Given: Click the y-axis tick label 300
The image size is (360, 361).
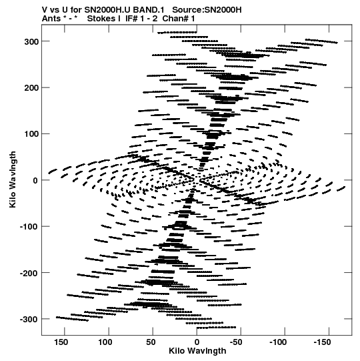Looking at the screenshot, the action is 31,42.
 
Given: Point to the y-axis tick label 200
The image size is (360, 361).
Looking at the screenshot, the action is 31,88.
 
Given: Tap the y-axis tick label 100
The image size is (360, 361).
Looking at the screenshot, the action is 31,134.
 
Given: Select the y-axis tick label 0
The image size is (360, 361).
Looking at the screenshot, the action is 35,180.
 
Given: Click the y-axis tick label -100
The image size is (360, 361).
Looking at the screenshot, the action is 29,227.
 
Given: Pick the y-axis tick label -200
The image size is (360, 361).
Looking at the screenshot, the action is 29,273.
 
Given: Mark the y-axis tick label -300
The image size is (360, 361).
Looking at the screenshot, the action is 29,320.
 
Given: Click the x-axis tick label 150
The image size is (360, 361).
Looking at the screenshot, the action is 61,342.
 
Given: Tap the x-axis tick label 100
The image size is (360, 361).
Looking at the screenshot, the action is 105,342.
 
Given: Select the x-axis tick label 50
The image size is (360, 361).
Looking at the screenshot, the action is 151,342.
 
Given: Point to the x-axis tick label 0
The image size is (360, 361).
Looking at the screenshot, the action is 197,342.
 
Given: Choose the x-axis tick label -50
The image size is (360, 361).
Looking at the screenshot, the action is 236,342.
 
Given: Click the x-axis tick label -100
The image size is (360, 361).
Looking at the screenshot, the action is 278,342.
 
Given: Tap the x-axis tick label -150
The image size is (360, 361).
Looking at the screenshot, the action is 322,342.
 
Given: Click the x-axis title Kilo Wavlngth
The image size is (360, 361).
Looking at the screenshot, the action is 197,351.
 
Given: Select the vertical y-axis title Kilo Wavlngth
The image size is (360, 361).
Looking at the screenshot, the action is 13,179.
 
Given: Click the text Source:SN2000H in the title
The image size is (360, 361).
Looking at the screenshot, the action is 207,10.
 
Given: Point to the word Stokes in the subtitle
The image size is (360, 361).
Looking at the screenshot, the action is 103,19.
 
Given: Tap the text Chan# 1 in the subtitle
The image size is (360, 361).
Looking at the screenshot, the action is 179,19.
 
